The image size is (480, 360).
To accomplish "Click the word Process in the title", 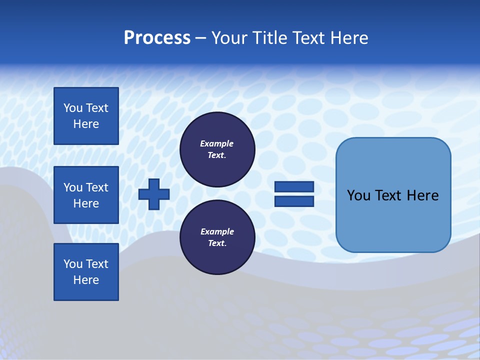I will [x=157, y=38].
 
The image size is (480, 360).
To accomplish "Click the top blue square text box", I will [x=86, y=116].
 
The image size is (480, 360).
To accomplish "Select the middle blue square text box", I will [x=86, y=195].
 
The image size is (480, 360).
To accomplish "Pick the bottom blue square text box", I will [x=86, y=272].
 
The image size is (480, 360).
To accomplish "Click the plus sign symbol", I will [x=154, y=194].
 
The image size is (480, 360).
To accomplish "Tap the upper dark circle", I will [x=217, y=149].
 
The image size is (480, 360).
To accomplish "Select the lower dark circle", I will [x=217, y=237].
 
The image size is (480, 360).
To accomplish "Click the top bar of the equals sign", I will [x=294, y=187].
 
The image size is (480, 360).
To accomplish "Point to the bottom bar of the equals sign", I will [x=294, y=201].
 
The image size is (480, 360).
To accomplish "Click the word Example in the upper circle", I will [x=217, y=143].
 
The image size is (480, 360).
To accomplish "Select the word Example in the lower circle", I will [x=217, y=231].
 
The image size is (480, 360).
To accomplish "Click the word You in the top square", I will [x=73, y=108].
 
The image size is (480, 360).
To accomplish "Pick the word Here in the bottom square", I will [x=86, y=280].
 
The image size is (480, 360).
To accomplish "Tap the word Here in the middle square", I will [x=86, y=203].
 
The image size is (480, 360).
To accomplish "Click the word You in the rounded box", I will [x=358, y=195].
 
